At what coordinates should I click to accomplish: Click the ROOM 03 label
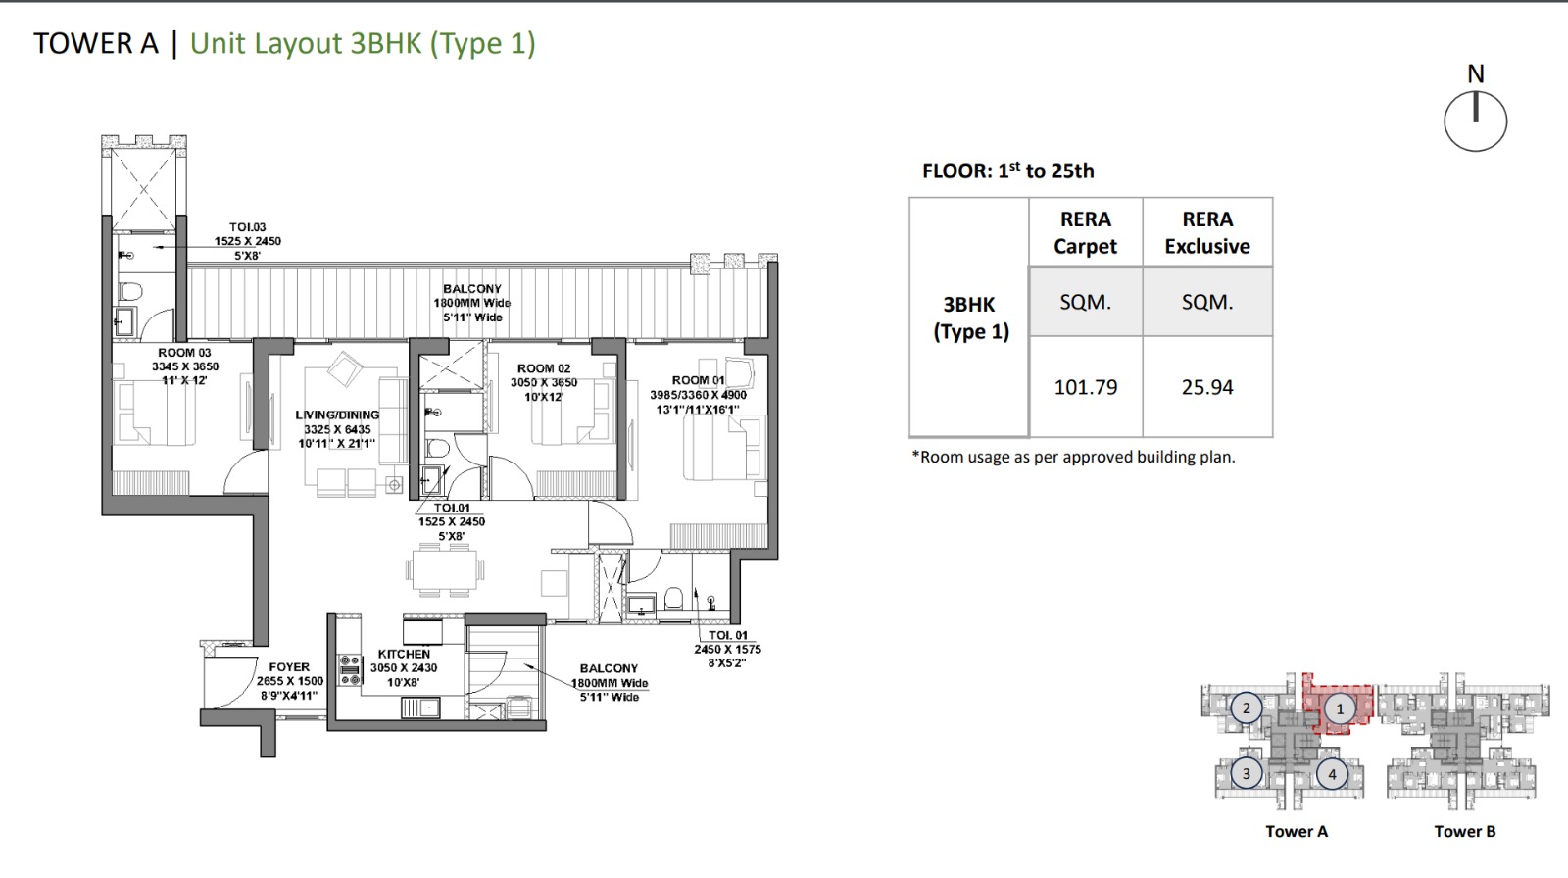(x=185, y=353)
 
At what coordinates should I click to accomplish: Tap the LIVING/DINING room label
(x=337, y=415)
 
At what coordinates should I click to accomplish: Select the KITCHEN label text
(x=404, y=654)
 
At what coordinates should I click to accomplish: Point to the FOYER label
(x=289, y=667)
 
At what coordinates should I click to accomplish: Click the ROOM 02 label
(x=544, y=368)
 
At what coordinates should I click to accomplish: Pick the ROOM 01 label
(x=698, y=380)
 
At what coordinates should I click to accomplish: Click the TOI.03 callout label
(x=248, y=227)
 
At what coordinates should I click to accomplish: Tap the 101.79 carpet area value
(x=1086, y=387)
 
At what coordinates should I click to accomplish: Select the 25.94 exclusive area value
(x=1207, y=387)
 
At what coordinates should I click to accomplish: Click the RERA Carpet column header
(x=1086, y=232)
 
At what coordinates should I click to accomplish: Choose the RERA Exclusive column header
(x=1207, y=232)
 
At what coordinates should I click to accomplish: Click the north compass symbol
(x=1476, y=121)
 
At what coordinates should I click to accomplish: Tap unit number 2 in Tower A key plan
(x=1246, y=708)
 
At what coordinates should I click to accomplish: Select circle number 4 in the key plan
(x=1332, y=774)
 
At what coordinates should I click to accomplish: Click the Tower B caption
(x=1464, y=832)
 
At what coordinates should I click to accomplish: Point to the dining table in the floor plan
(x=443, y=570)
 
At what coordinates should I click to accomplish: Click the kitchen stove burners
(x=350, y=669)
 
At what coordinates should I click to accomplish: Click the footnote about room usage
(x=1073, y=458)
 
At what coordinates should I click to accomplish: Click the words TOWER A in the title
(x=96, y=43)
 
